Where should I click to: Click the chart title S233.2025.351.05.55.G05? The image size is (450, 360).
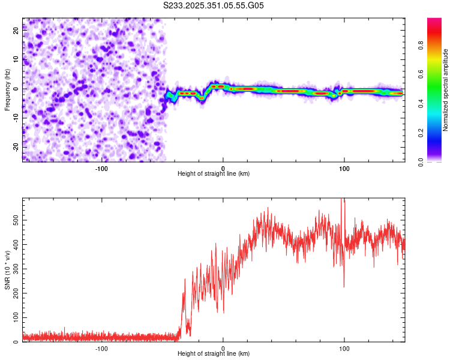(x=214, y=5)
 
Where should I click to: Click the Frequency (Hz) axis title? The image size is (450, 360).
(x=7, y=89)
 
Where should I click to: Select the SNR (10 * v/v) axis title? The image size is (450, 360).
(x=7, y=270)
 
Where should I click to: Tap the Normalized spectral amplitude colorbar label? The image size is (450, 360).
(x=446, y=90)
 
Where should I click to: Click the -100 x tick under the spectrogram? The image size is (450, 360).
(x=101, y=168)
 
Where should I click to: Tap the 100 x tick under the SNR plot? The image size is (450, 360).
(x=344, y=348)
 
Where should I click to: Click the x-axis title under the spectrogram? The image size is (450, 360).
(x=214, y=174)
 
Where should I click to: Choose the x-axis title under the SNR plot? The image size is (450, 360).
(x=214, y=355)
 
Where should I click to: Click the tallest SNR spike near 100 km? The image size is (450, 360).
(x=343, y=200)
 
